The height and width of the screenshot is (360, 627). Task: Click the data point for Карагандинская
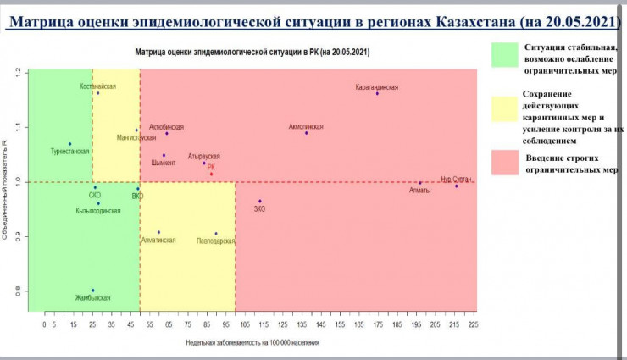coord(378,93)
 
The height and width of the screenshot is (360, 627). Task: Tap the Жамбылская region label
coord(92,297)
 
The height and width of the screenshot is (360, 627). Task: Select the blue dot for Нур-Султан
coord(456,186)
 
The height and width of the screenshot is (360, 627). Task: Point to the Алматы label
coord(419,190)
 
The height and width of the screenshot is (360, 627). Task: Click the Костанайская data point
coord(98,92)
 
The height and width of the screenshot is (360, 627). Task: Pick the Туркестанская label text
coord(70,151)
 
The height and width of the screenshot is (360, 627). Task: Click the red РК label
coord(211,167)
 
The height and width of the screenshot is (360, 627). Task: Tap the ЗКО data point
coord(260,201)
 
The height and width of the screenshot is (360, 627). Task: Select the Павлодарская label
coord(214,241)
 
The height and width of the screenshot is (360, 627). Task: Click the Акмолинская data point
coord(306,132)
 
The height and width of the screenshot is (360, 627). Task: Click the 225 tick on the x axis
coord(473,324)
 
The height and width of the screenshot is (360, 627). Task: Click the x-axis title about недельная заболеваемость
coord(252,343)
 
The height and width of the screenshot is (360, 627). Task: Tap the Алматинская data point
coord(158,231)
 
